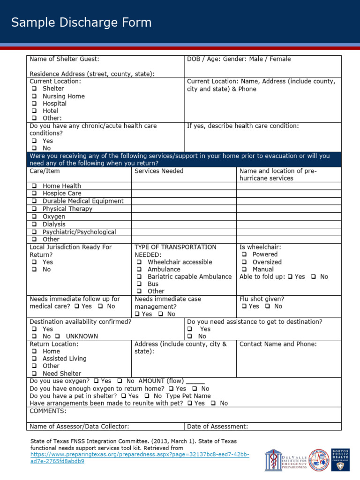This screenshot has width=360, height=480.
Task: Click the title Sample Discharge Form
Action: pyautogui.click(x=82, y=22)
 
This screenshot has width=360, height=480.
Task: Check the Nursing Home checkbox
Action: pyautogui.click(x=34, y=96)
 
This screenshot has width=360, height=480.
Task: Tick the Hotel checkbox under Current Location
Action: pyautogui.click(x=34, y=111)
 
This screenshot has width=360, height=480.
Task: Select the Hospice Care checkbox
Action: pyautogui.click(x=34, y=194)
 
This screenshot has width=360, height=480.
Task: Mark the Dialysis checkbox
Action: pyautogui.click(x=34, y=225)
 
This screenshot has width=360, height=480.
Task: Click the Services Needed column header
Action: pyautogui.click(x=159, y=171)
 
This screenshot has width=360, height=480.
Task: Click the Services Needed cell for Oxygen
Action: pyautogui.click(x=183, y=217)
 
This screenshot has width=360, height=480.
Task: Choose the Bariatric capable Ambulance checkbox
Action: pyautogui.click(x=139, y=277)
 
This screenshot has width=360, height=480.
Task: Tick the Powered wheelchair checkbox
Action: pyautogui.click(x=244, y=255)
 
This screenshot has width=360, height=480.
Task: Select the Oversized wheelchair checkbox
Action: pyautogui.click(x=244, y=262)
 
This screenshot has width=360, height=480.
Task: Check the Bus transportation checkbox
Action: pyautogui.click(x=139, y=284)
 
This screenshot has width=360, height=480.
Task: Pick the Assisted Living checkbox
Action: pyautogui.click(x=34, y=359)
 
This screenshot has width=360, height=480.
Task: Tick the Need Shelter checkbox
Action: pyautogui.click(x=34, y=374)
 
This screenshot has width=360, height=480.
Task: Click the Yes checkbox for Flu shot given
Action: pyautogui.click(x=244, y=307)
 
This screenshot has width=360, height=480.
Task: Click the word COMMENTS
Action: pyautogui.click(x=48, y=411)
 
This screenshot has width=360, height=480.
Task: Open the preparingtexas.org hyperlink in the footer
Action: pyautogui.click(x=140, y=455)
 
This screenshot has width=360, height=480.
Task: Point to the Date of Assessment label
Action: pyautogui.click(x=217, y=427)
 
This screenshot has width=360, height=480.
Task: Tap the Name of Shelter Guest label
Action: pyautogui.click(x=64, y=59)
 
